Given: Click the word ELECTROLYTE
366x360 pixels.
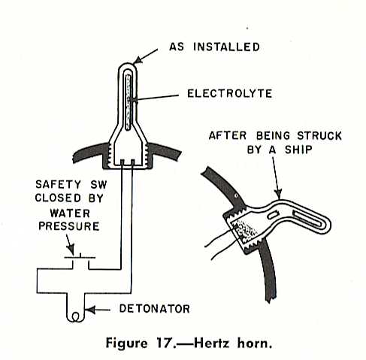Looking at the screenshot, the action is (229, 94).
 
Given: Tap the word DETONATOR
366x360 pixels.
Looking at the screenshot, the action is (154, 309).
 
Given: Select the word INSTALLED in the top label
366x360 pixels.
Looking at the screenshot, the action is (226, 47).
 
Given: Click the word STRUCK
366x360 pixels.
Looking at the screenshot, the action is (319, 136).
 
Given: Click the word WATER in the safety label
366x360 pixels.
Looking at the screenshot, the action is (70, 213).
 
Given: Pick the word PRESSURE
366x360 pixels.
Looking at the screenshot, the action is (69, 226).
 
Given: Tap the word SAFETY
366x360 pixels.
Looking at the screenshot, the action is (58, 185).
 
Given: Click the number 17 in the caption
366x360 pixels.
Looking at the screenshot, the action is (165, 343).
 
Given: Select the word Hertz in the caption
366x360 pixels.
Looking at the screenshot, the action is (211, 343).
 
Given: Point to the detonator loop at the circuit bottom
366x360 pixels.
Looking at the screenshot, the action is (75, 316).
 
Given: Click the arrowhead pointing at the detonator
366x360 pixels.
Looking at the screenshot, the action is (89, 310).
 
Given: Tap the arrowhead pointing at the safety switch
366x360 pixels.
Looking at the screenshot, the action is (71, 250).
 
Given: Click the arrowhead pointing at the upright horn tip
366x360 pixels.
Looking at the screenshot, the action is (138, 60).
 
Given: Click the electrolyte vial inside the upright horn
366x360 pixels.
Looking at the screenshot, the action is (129, 103).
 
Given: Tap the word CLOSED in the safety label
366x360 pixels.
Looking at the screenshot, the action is (58, 198).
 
